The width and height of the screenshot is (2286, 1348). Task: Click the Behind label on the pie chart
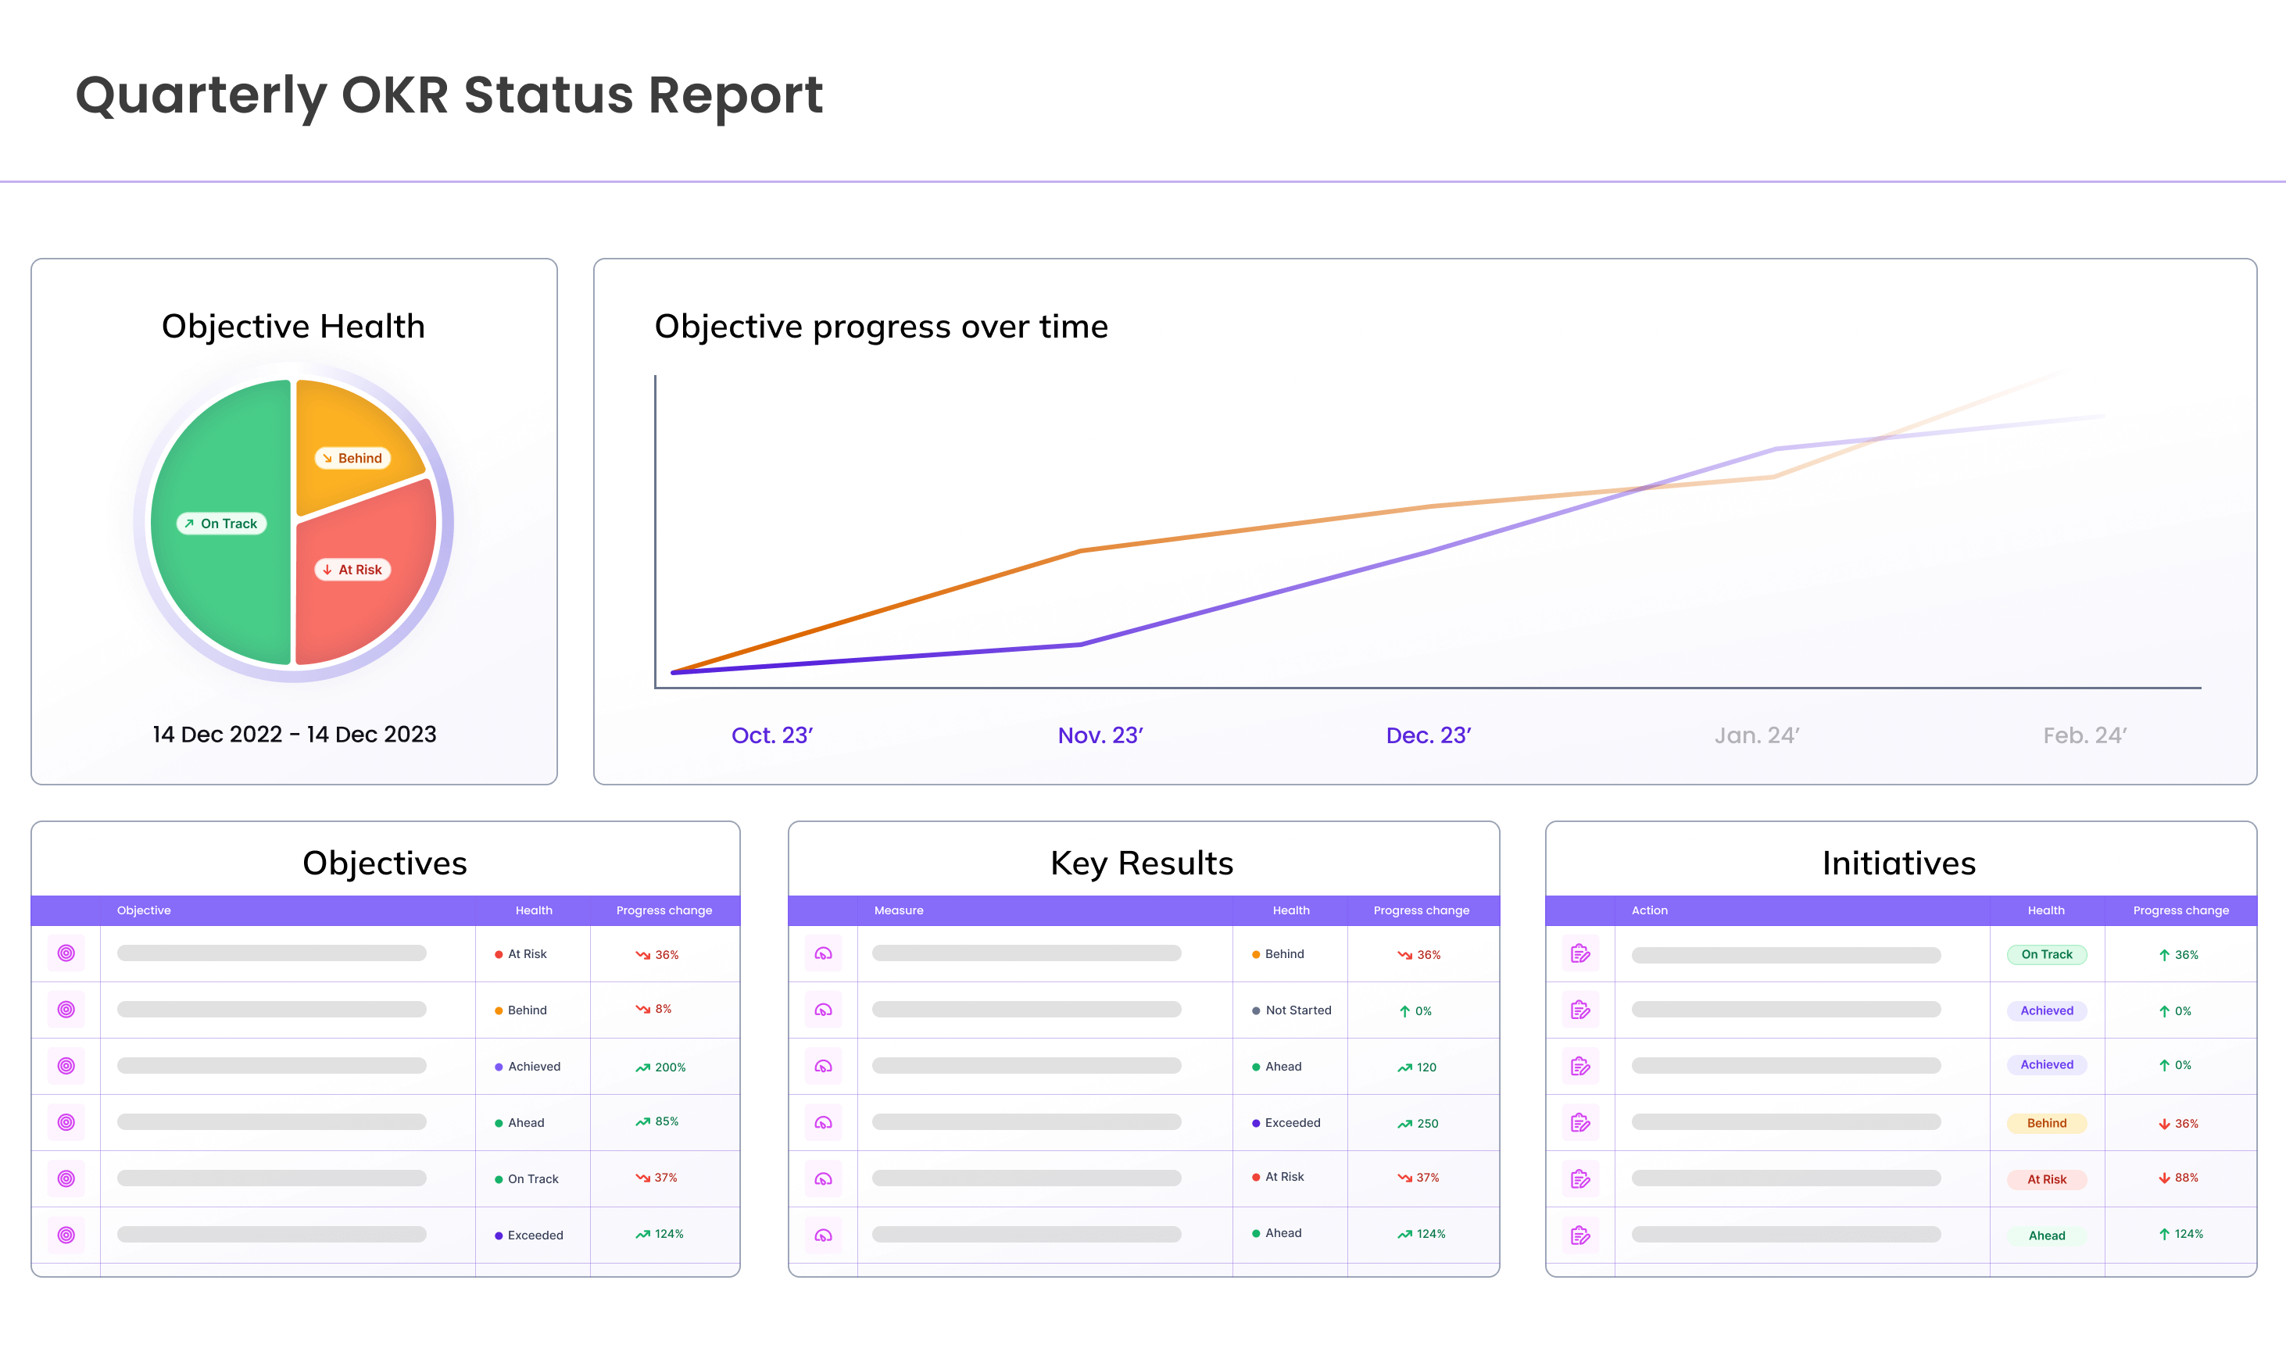pos(353,458)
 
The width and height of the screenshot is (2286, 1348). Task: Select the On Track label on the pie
pos(222,524)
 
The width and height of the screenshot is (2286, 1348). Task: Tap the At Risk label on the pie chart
pos(353,570)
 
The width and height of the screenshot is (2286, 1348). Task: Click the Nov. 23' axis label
pos(1100,735)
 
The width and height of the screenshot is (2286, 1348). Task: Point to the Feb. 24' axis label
pos(2084,735)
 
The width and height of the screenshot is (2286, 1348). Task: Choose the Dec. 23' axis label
pos(1428,735)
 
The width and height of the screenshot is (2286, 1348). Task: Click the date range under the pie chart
pos(295,734)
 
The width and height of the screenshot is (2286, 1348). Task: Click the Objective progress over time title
pos(881,326)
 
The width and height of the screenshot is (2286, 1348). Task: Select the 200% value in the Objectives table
pos(669,1067)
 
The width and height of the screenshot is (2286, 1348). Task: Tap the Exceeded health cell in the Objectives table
pos(534,1235)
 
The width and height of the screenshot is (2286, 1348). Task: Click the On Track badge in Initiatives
pos(2046,955)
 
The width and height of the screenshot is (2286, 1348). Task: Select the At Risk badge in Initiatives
pos(2046,1179)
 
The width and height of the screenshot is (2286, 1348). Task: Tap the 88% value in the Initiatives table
pos(2185,1178)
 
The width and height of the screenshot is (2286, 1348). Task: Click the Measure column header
pos(898,910)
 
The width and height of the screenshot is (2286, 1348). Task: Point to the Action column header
pos(1649,910)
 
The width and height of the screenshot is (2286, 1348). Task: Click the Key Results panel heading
pos(1142,863)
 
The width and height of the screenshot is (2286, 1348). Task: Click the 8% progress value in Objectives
pos(662,1009)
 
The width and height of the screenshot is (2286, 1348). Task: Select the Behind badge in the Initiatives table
pos(2046,1124)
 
